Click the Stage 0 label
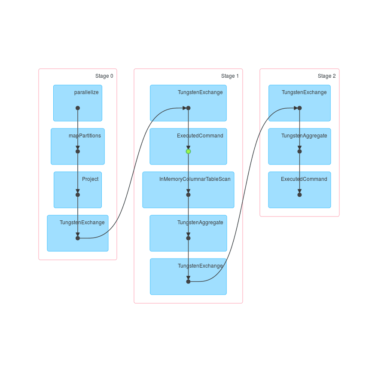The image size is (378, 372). coord(104,76)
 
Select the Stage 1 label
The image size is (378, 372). coord(230,76)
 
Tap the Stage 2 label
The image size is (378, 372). coord(326,76)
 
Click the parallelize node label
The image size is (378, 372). coord(86,92)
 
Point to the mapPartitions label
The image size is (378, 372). coord(85,136)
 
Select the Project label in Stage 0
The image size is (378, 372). coord(90,179)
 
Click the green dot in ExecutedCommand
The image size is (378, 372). coord(188,151)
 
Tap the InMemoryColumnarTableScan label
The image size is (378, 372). coord(195,179)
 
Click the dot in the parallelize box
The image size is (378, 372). coord(78,108)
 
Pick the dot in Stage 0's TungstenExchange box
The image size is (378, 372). coord(78,238)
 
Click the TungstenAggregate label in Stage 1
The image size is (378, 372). coord(200,223)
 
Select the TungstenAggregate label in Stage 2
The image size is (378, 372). coord(304,136)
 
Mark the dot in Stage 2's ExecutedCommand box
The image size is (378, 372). coord(299,195)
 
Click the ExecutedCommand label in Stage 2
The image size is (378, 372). coord(304,179)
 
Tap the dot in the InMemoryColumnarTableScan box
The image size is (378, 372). coord(188,195)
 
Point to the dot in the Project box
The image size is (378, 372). coord(78,195)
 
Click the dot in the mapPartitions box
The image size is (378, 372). coord(78,151)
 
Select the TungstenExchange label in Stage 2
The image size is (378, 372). coord(304,92)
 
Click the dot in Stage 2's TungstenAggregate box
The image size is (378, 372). coord(299,151)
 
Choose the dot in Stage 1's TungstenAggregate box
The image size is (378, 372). coord(188,238)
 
